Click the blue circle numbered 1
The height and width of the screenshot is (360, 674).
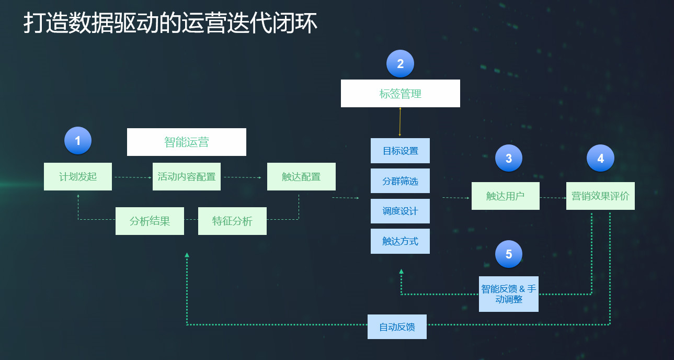(x=78, y=141)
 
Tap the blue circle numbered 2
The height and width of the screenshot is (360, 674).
(x=400, y=63)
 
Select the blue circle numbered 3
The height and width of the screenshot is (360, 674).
(x=509, y=158)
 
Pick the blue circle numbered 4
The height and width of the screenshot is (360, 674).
(x=601, y=158)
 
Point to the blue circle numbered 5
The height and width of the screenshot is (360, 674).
(x=509, y=254)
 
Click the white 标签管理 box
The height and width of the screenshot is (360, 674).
(x=401, y=93)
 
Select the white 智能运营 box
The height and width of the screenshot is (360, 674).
(x=187, y=142)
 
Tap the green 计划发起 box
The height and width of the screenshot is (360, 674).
(x=78, y=177)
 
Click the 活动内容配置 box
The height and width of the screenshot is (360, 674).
(x=187, y=177)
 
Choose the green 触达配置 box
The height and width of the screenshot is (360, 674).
(x=302, y=177)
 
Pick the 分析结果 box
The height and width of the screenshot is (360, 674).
(x=150, y=221)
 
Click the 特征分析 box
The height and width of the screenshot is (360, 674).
(x=232, y=221)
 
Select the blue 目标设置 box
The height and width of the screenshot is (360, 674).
(x=400, y=151)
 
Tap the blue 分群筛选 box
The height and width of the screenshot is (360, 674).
(x=400, y=181)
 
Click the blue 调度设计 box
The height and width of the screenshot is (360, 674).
(x=400, y=211)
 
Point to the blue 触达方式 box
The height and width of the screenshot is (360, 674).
(x=400, y=241)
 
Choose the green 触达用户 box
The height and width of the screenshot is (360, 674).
(x=506, y=196)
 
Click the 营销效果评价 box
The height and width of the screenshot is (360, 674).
(x=601, y=196)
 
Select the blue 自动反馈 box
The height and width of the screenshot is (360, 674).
(x=397, y=327)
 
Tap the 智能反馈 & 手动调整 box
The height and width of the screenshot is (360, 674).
(x=509, y=294)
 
